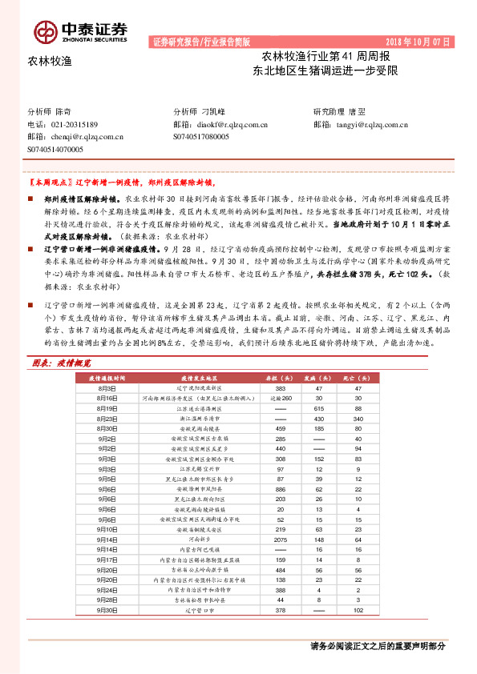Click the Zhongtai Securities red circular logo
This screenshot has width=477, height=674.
pos(45,31)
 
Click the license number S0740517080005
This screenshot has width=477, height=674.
pos(200,137)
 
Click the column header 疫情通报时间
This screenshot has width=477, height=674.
pos(107,354)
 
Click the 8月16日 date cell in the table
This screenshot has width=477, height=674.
pos(107,375)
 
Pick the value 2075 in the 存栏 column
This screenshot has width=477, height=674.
pos(280,540)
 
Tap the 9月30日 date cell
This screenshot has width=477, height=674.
pos(107,609)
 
